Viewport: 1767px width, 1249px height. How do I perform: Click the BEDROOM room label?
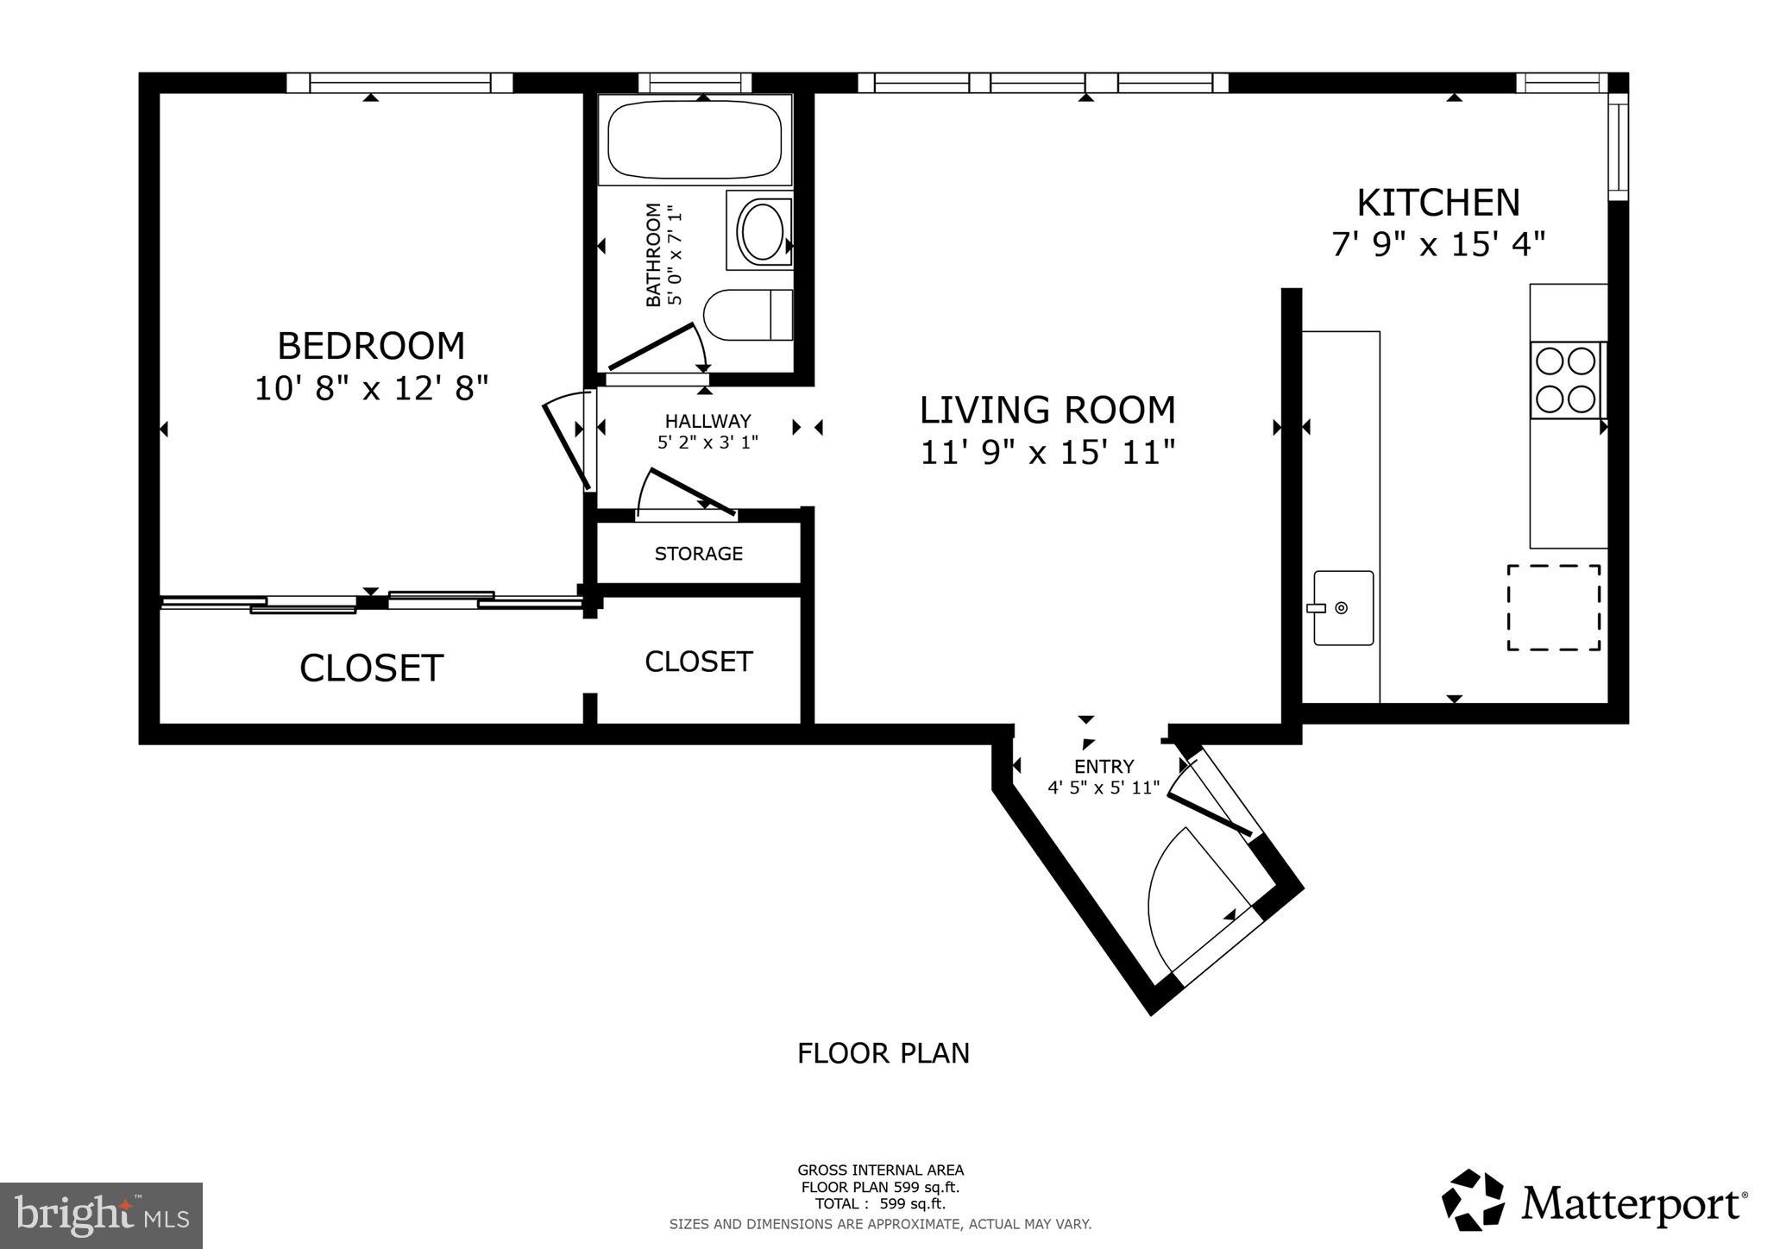click(x=371, y=346)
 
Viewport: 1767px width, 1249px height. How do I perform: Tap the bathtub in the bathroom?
click(x=695, y=140)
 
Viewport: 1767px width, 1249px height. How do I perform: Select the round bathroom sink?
click(x=760, y=230)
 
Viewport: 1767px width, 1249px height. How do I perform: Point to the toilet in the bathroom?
click(x=747, y=315)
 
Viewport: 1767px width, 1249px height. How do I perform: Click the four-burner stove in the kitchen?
click(x=1565, y=380)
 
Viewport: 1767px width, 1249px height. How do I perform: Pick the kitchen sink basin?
click(x=1343, y=607)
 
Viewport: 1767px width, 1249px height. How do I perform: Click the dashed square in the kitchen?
click(x=1553, y=607)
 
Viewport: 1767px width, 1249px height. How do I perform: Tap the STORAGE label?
click(x=698, y=554)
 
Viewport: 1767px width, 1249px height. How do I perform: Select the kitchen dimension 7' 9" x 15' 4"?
click(x=1437, y=245)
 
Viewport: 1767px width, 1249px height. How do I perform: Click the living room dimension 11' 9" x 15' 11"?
click(x=1047, y=452)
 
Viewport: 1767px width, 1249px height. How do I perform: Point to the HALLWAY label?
click(x=707, y=421)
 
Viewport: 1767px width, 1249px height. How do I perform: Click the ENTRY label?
click(x=1104, y=766)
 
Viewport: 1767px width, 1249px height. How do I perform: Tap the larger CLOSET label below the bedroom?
click(x=371, y=668)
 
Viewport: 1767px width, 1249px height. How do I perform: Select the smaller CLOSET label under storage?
click(x=698, y=662)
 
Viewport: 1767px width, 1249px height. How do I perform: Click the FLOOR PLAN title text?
click(x=883, y=1053)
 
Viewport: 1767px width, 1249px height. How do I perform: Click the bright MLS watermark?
click(x=101, y=1215)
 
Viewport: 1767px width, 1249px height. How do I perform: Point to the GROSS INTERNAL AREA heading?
click(x=880, y=1171)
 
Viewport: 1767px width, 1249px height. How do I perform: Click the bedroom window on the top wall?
click(x=399, y=83)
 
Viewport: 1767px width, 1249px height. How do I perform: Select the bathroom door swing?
click(x=660, y=349)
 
